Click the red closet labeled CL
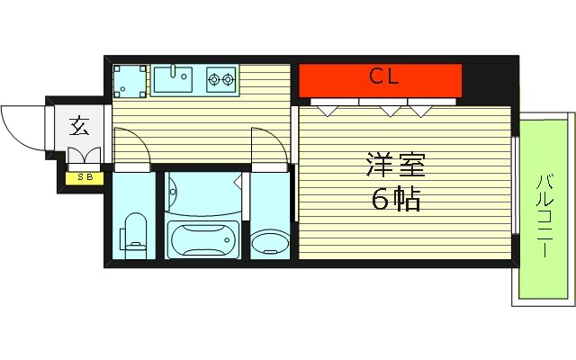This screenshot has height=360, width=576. (381, 78)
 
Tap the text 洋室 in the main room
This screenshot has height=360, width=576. (395, 166)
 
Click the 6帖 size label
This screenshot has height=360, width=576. (395, 200)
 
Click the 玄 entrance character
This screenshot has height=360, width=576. (79, 126)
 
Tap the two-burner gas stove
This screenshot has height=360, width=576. (220, 80)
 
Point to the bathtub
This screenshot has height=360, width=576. (203, 239)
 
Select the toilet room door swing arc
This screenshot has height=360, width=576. (133, 144)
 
